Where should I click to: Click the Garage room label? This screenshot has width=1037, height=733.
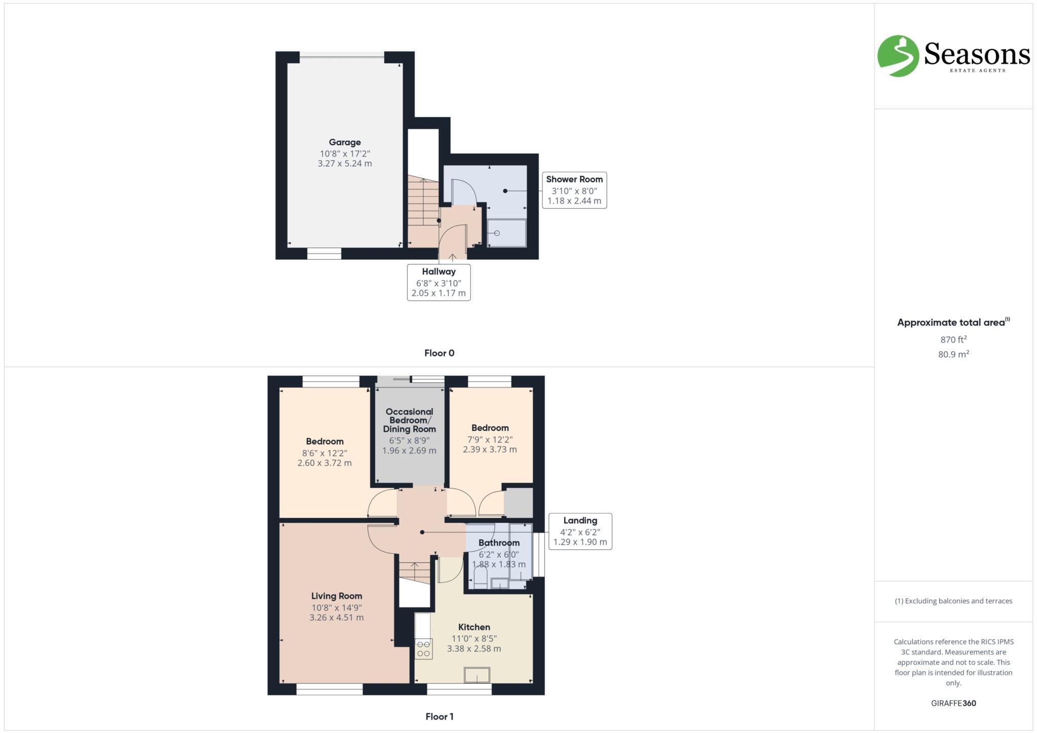(345, 142)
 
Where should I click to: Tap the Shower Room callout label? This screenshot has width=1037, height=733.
(574, 179)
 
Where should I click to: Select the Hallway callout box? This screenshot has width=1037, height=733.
(438, 282)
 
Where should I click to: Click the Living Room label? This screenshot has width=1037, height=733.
(336, 596)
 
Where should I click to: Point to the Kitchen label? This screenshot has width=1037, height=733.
(474, 627)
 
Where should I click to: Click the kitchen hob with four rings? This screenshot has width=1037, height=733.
(424, 648)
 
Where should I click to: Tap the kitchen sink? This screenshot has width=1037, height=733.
(477, 675)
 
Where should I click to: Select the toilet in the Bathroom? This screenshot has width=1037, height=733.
(480, 578)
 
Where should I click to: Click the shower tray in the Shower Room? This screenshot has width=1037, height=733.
(507, 233)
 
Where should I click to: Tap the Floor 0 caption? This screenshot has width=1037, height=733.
(439, 353)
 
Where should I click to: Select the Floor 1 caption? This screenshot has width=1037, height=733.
(439, 716)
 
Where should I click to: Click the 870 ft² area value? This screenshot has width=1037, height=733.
(953, 339)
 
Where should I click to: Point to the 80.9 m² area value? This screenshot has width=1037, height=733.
(953, 354)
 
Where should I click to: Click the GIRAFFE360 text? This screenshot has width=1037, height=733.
(953, 703)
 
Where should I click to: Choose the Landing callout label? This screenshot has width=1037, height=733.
(580, 520)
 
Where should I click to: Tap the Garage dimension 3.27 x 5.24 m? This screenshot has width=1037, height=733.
(345, 164)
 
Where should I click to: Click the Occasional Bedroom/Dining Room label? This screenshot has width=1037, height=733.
(409, 420)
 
